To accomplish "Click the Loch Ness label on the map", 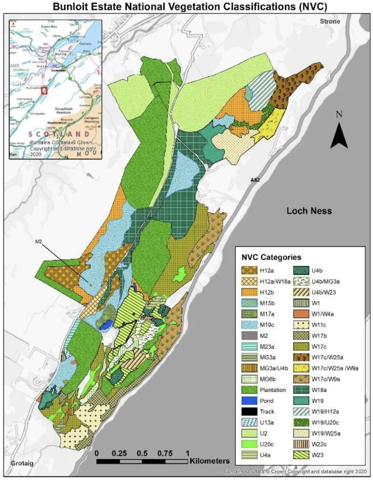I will (x=309, y=211).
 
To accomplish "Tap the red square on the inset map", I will (x=44, y=91).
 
